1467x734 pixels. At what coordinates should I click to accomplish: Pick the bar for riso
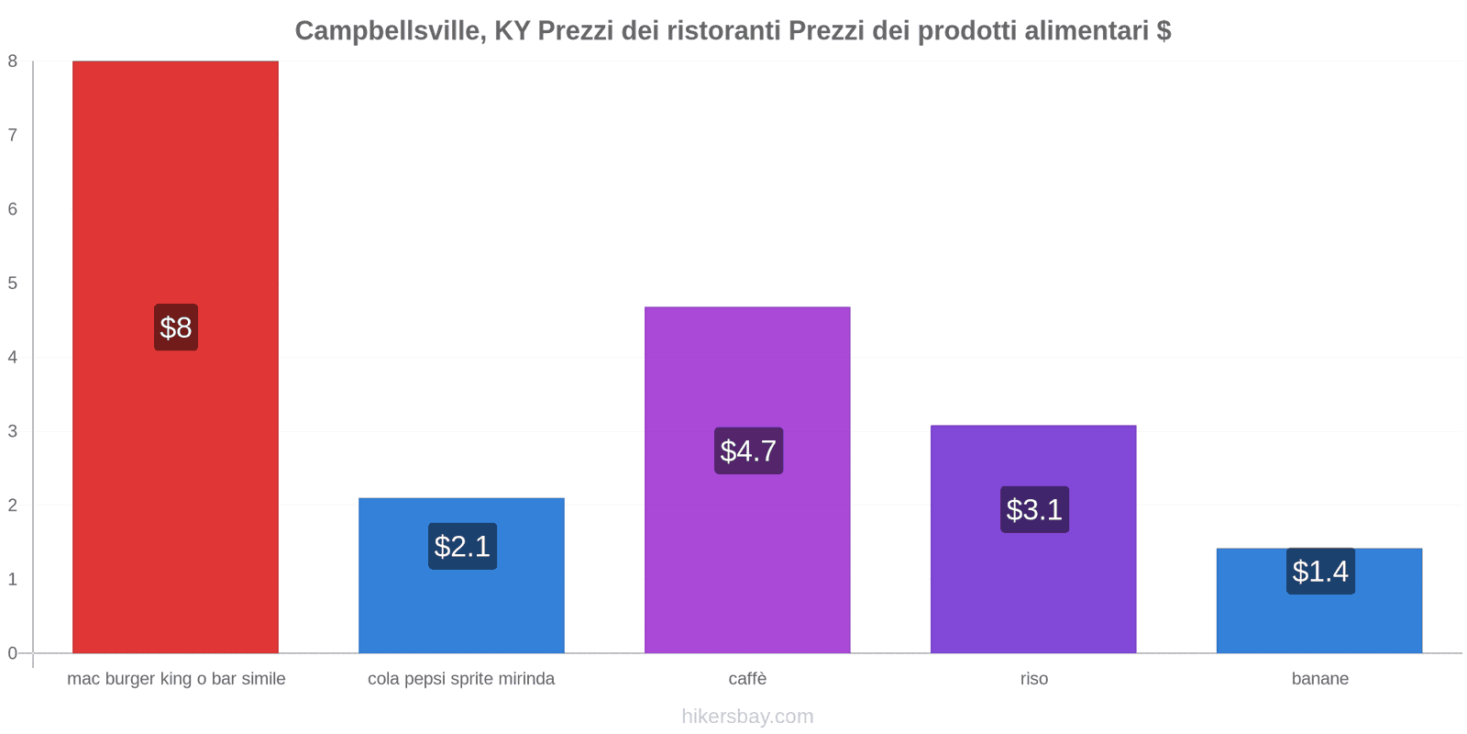pos(1033,587)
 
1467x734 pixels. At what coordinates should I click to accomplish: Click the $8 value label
pos(176,328)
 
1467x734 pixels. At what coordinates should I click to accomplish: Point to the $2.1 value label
pos(462,547)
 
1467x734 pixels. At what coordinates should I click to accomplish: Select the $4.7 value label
pos(748,450)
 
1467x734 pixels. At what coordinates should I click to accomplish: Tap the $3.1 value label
pos(1034,509)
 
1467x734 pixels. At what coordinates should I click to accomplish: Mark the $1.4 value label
pos(1320,572)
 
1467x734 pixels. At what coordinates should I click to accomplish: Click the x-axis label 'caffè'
pos(747,679)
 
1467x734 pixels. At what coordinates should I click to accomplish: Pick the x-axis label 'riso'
pos(1033,679)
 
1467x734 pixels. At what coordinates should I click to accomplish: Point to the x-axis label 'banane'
pos(1319,679)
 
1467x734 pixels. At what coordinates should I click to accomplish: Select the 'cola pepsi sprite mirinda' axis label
pos(461,679)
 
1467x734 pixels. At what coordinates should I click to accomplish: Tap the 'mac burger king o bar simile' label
pos(176,679)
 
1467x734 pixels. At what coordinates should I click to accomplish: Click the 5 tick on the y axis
pos(13,283)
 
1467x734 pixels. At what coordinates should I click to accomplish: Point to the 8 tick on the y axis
pos(13,61)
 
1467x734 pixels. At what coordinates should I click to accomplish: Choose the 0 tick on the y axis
pos(13,653)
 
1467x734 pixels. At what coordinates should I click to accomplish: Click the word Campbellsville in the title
pos(390,31)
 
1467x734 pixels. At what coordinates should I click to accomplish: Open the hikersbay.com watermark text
pos(747,717)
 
